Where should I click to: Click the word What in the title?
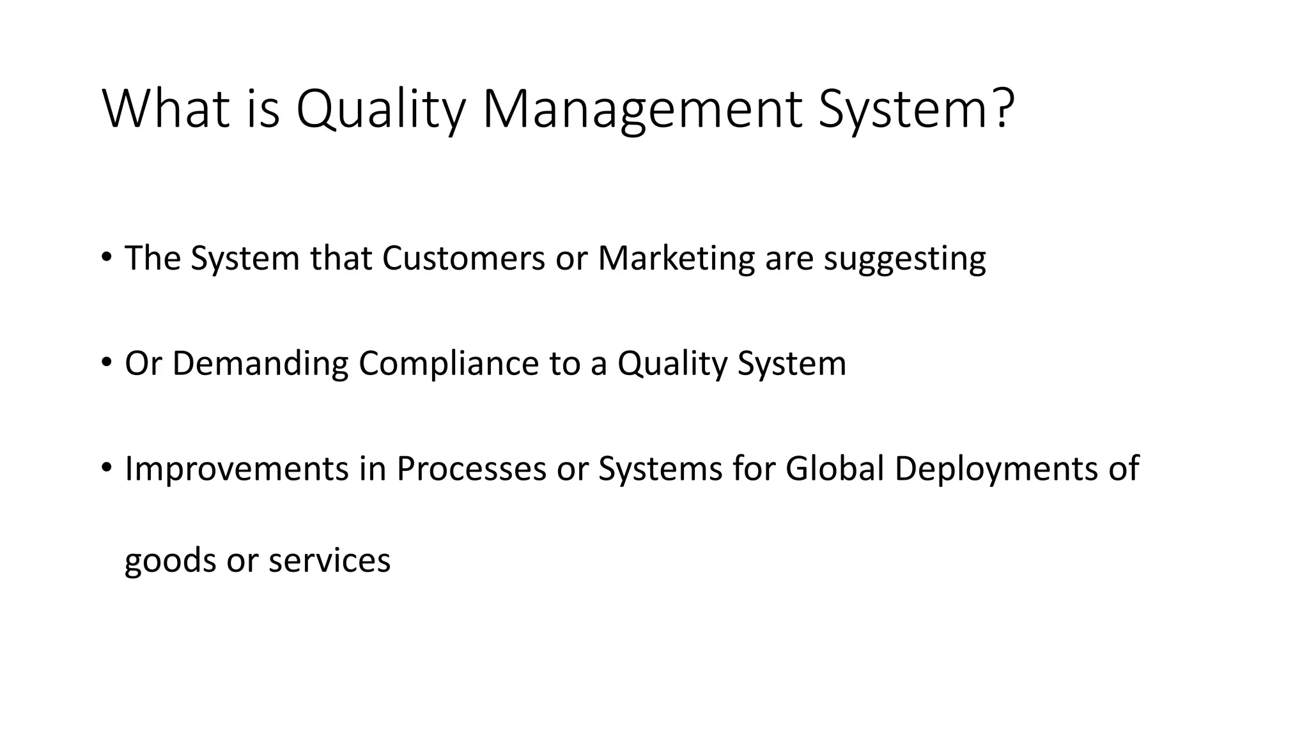point(166,109)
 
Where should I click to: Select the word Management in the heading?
point(642,109)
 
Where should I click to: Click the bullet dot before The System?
point(107,257)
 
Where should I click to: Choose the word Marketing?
point(676,258)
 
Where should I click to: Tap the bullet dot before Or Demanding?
point(107,362)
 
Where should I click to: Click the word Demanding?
point(260,364)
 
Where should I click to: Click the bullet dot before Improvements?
point(107,467)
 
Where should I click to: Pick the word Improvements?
point(236,468)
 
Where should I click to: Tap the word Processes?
point(471,468)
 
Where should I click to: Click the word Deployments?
point(990,470)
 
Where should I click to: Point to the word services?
point(329,560)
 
